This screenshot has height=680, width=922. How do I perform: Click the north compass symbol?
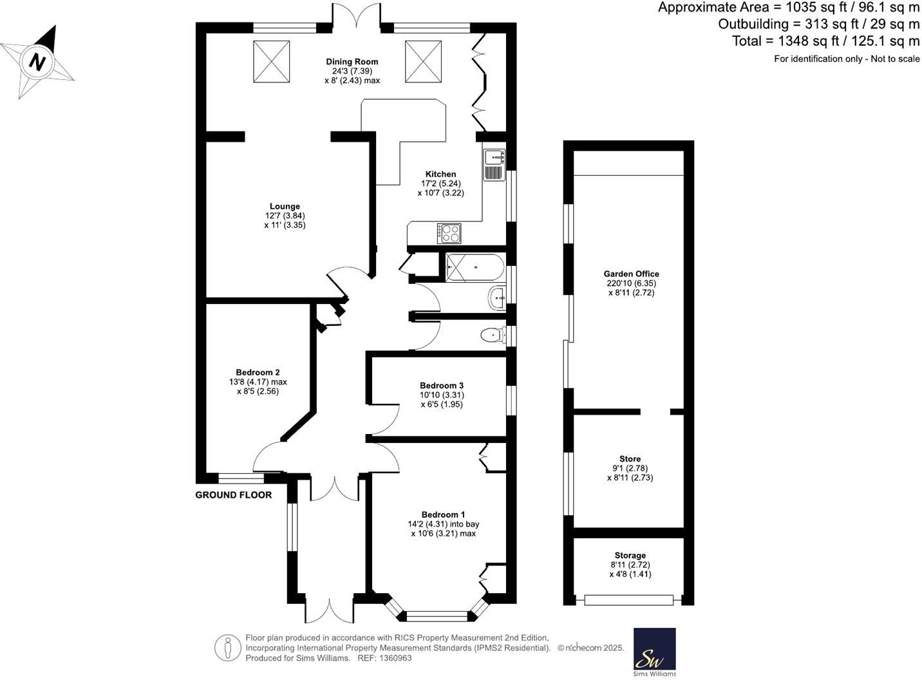pos(38,62)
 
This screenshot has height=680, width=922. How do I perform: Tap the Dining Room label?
pos(352,62)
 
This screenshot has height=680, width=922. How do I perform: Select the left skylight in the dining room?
pos(272,61)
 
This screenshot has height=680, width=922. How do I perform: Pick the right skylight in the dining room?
pos(423,61)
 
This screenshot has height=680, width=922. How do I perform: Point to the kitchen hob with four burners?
pos(449,233)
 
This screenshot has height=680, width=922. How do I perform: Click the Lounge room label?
pos(285,207)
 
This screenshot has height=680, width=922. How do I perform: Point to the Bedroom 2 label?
pos(258,372)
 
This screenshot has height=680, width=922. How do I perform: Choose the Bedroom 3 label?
pos(442,386)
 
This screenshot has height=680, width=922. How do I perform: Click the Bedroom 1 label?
pos(443,515)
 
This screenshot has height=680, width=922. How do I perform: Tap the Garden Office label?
pos(631,274)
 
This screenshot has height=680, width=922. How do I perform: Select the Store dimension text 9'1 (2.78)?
pos(630,468)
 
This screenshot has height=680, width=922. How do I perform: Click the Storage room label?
pos(630,555)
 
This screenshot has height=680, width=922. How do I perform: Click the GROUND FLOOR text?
pos(234,495)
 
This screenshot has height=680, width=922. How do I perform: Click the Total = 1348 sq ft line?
pos(825,41)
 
